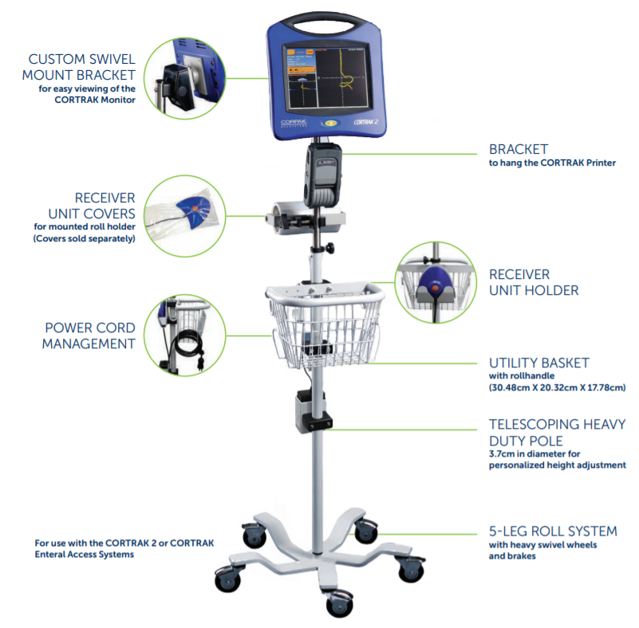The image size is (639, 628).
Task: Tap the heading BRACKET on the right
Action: click(518, 149)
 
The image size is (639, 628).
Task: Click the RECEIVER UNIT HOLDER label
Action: click(534, 282)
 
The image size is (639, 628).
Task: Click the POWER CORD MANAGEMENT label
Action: click(89, 336)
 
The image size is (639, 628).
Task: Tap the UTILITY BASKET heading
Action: click(538, 363)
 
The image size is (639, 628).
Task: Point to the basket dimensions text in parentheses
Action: click(557, 387)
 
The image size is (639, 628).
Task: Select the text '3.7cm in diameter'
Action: click(524, 453)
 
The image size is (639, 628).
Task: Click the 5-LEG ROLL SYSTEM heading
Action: click(553, 532)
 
